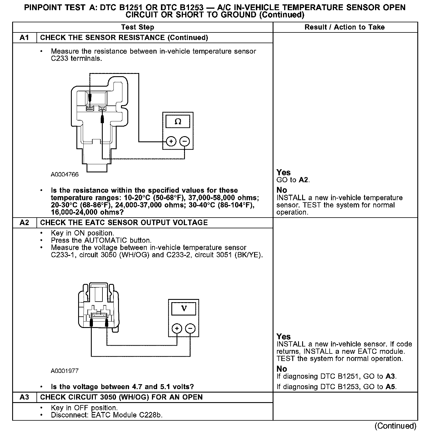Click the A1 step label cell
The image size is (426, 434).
(25, 38)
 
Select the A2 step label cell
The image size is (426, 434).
(25, 223)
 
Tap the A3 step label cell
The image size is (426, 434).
(25, 397)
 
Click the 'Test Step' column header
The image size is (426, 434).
(137, 27)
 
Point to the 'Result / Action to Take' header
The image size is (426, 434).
(345, 27)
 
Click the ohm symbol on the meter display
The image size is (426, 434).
(178, 122)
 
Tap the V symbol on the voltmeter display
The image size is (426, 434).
(184, 308)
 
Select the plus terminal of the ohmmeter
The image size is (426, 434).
(171, 141)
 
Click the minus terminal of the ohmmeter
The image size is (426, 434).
(185, 141)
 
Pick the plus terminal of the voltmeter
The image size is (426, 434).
(177, 329)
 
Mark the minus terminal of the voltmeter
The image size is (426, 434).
(190, 329)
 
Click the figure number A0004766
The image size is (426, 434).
(65, 174)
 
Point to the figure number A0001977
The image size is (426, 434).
(65, 371)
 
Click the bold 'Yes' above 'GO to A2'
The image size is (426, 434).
(283, 173)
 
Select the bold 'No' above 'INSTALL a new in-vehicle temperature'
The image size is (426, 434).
(282, 190)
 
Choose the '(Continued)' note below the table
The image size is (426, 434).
(395, 426)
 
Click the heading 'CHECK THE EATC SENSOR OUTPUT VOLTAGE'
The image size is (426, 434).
(124, 223)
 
